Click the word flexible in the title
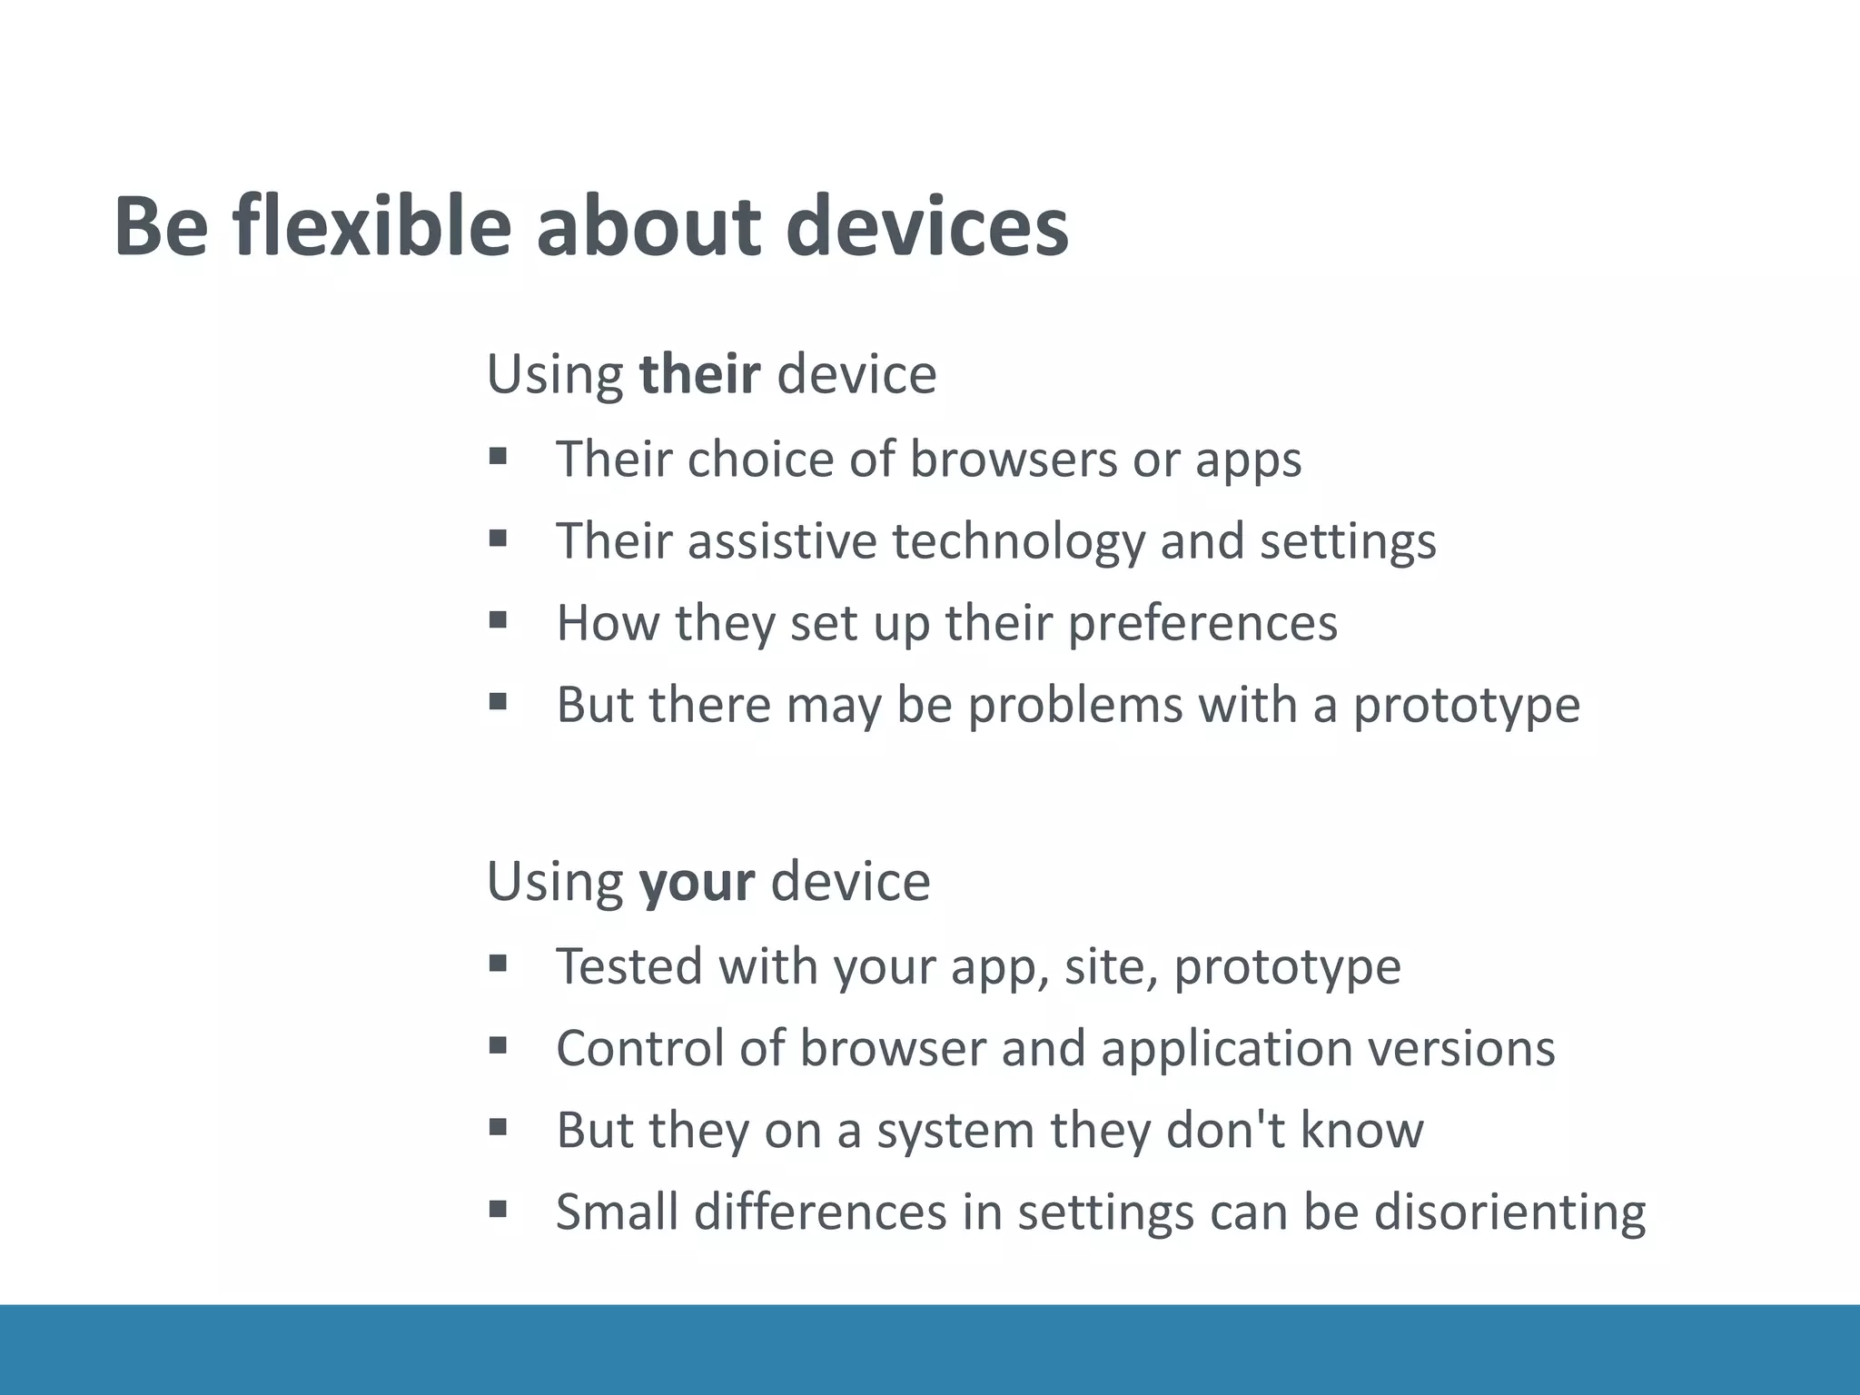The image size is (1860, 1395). pos(371,226)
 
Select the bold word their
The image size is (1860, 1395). pos(698,373)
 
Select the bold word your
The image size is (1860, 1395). pos(696,881)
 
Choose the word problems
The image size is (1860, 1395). pos(1075,705)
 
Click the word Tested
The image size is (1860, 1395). pos(628,965)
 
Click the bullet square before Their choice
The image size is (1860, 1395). pos(497,456)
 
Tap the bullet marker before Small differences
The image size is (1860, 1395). pos(497,1209)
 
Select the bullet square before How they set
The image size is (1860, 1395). pos(497,620)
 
